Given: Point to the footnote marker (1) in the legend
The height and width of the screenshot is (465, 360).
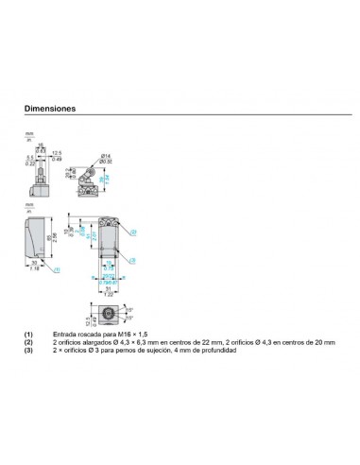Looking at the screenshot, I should tap(28, 335).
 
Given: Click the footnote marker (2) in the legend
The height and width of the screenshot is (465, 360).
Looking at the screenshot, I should tap(28, 342).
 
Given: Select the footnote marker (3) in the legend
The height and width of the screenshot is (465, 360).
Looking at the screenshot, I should tap(28, 350).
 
